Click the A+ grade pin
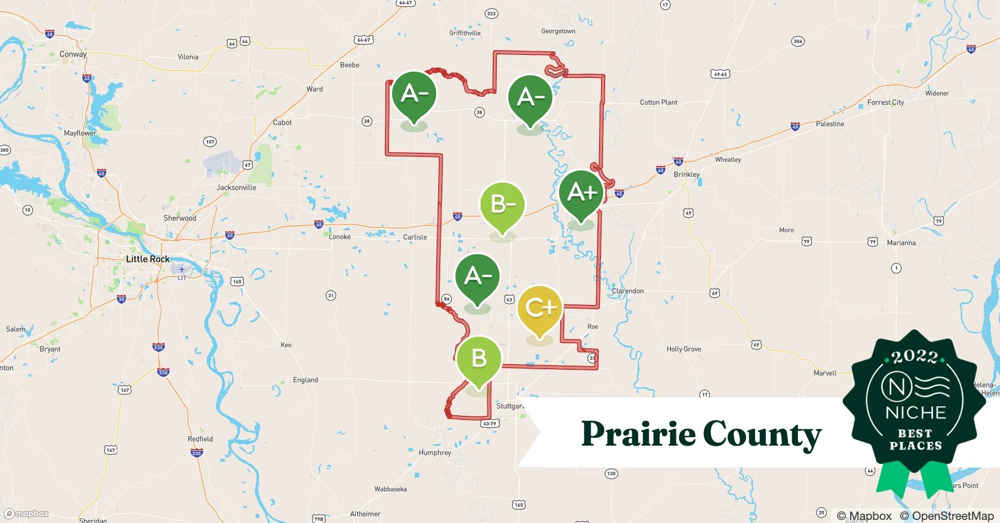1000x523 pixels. [x=581, y=194]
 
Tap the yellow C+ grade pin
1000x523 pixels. [x=540, y=308]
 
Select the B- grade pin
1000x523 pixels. [x=503, y=204]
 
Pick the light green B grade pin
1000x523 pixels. [x=479, y=359]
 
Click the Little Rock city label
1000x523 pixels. [x=148, y=259]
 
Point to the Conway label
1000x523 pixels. [x=73, y=54]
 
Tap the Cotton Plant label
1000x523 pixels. [x=658, y=103]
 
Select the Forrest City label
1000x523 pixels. [x=885, y=103]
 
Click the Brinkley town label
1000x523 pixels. [x=686, y=175]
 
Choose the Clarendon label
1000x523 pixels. [x=628, y=291]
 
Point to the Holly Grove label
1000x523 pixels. [x=683, y=349]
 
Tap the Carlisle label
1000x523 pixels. [x=415, y=237]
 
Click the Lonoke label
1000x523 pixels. [x=339, y=237]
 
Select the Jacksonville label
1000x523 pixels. [x=236, y=187]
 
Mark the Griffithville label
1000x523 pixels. [x=464, y=33]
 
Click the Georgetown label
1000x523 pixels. [x=558, y=31]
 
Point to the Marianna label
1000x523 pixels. [x=901, y=243]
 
